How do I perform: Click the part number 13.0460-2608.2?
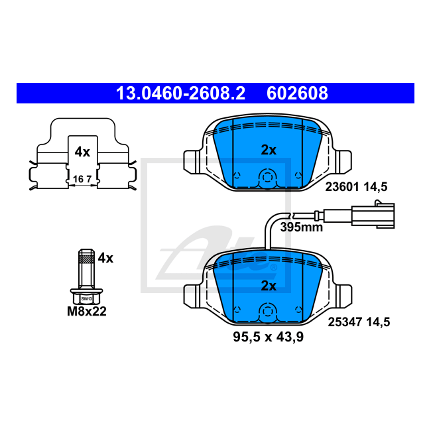point(180,93)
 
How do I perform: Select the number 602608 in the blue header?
point(297,93)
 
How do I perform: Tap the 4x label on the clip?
point(82,152)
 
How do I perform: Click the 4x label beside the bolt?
point(105,258)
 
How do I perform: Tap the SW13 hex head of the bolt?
point(86,298)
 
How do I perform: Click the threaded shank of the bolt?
point(86,269)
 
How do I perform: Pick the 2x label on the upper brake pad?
point(268,150)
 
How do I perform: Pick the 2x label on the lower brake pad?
point(268,286)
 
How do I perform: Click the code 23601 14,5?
point(355,188)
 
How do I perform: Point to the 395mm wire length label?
point(301,227)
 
